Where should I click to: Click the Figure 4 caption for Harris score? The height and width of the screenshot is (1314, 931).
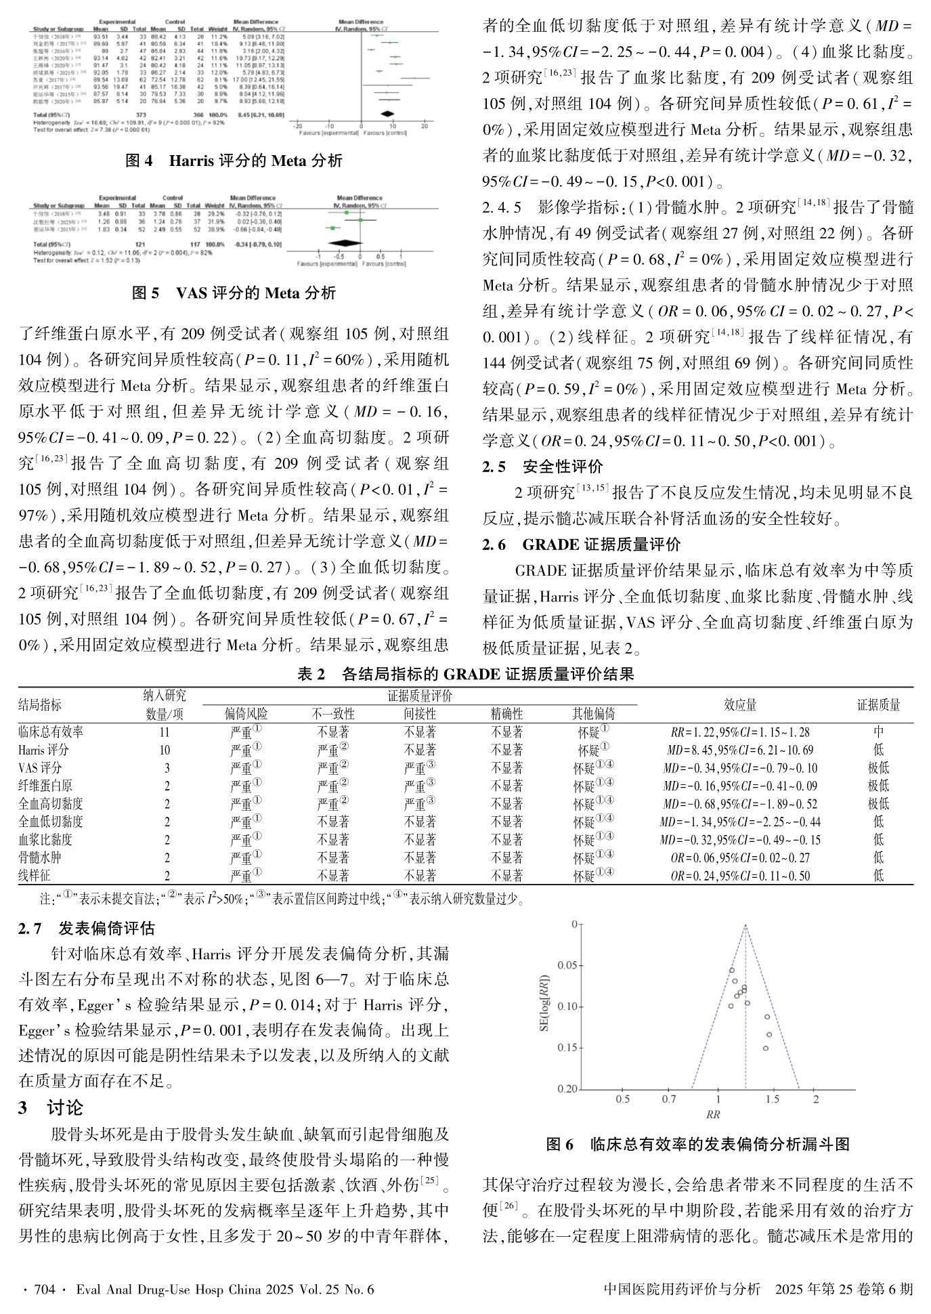pos(234,161)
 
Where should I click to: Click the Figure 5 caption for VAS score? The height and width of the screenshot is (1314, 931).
pos(234,293)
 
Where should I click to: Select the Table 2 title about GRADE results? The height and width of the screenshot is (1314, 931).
pos(465,674)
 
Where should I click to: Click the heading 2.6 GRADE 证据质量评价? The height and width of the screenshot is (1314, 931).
pos(581,544)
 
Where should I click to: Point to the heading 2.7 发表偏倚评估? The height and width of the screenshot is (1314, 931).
pos(86,927)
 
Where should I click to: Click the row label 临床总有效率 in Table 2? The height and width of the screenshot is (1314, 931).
pos(51,732)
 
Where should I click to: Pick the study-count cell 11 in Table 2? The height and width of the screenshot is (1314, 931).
pos(165,732)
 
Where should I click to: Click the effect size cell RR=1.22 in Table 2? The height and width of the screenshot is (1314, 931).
pos(740,732)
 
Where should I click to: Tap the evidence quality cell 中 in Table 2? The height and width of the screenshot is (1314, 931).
pos(878,732)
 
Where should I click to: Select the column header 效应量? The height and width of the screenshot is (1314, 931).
pos(740,704)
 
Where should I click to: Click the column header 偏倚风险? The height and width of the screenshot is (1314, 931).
pos(246,713)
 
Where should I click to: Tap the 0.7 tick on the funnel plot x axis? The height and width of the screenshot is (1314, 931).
pos(669,1099)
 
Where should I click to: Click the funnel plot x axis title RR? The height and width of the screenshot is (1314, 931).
pos(712,1114)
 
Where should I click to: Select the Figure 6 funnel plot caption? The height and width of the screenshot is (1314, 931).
pos(698,1144)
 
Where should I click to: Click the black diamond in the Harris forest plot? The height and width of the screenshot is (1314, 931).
pos(387,114)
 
